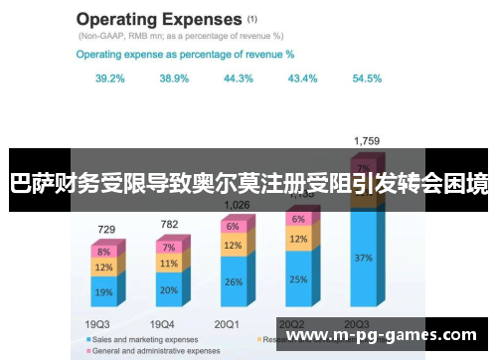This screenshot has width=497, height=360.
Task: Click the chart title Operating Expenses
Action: [x=159, y=19]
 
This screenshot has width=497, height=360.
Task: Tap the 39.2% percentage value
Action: [x=110, y=78]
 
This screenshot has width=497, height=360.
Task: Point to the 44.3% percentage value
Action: [x=239, y=78]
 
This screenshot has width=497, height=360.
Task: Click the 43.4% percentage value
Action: [x=302, y=78]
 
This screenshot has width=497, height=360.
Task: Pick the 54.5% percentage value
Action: [x=367, y=78]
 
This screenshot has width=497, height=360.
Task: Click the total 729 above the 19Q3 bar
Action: [x=105, y=229]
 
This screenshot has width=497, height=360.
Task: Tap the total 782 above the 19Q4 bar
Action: [x=169, y=224]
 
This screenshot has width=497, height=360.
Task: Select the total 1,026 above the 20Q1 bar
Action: [x=237, y=205]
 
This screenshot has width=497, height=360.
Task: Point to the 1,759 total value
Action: [x=366, y=141]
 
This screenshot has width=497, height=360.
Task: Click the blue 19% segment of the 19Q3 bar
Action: [x=104, y=292]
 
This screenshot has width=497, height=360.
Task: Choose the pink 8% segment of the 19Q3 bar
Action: [x=104, y=252]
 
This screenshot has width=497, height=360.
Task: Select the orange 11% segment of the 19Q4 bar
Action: [x=169, y=265]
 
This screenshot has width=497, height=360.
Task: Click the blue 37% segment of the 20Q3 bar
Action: [x=364, y=258]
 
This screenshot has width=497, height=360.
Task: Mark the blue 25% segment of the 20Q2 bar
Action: [x=299, y=279]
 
